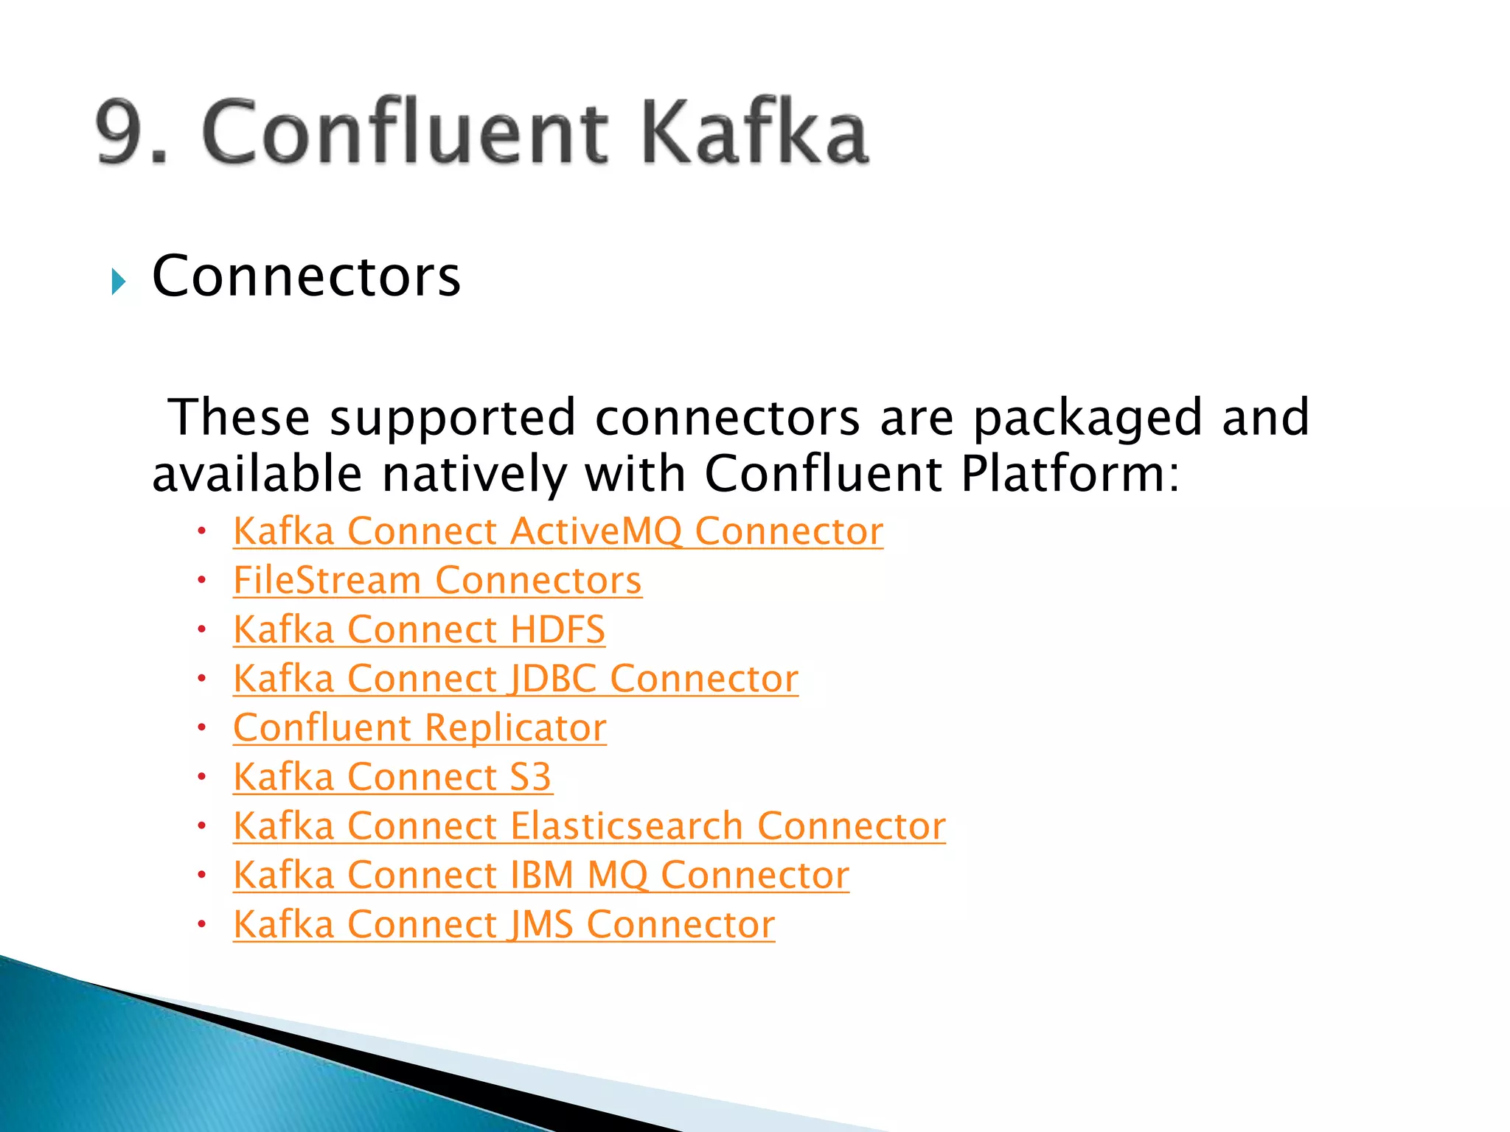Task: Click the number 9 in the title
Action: pyautogui.click(x=122, y=133)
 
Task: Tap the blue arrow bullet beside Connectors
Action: pyautogui.click(x=119, y=282)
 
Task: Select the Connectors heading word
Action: pyautogui.click(x=306, y=276)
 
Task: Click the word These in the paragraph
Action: pyautogui.click(x=239, y=417)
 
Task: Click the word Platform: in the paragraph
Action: pyautogui.click(x=1070, y=473)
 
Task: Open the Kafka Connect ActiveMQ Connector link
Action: pyautogui.click(x=557, y=531)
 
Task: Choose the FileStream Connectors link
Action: pyautogui.click(x=437, y=581)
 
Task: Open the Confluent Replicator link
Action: pyautogui.click(x=420, y=728)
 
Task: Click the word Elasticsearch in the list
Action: pyautogui.click(x=627, y=826)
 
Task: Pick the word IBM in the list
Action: pyautogui.click(x=542, y=876)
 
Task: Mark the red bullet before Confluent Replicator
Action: pyautogui.click(x=201, y=727)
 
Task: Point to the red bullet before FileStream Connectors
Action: pyautogui.click(x=201, y=580)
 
